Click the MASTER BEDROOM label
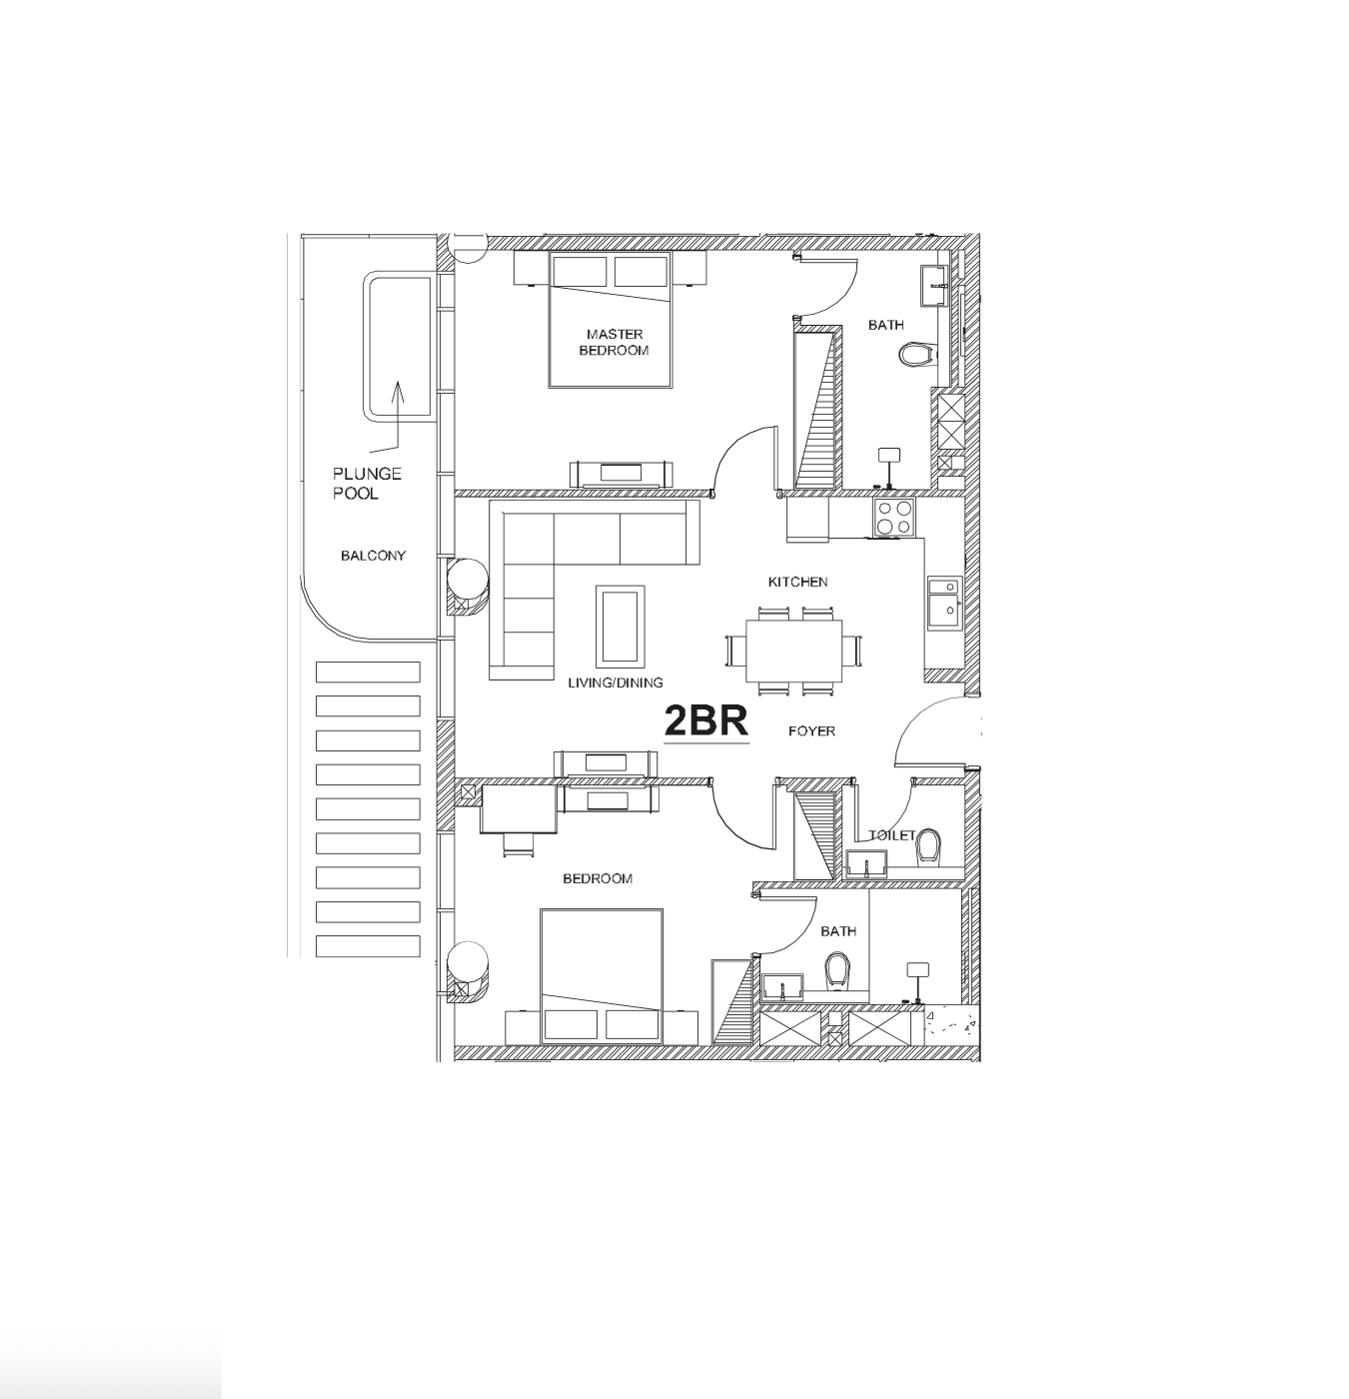[615, 342]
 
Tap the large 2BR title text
[706, 721]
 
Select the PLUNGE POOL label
[367, 483]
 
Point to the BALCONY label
[373, 555]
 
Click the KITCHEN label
[797, 582]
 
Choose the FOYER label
[811, 731]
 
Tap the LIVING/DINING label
[616, 683]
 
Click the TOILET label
[891, 834]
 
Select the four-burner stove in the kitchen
[894, 518]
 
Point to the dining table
[793, 651]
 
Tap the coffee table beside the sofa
[620, 627]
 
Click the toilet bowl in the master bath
[917, 355]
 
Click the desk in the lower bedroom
[519, 808]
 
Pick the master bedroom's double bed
[610, 320]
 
